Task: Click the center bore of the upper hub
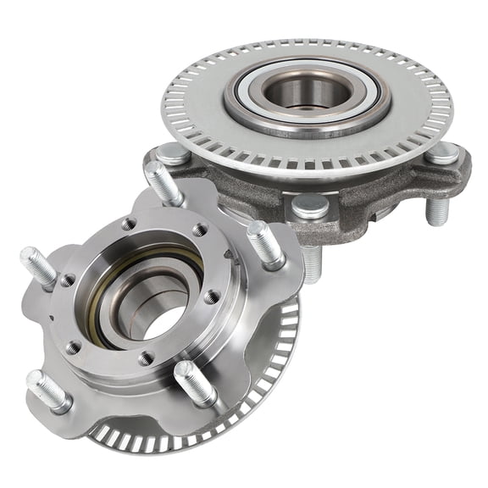pos(307,91)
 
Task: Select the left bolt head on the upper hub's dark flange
pos(173,154)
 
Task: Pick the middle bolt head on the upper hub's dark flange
pos(310,204)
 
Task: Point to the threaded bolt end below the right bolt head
pos(437,209)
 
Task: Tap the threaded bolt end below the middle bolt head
pos(312,263)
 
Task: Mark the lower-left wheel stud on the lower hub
pos(48,390)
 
